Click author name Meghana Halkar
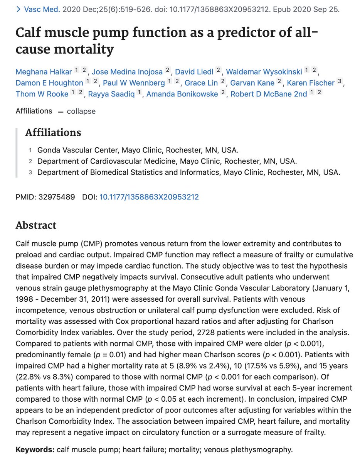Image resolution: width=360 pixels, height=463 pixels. point(43,71)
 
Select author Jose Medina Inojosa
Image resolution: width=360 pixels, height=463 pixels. point(127,71)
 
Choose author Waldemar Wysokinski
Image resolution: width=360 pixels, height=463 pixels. point(264,71)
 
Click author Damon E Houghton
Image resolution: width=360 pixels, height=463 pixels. point(49,83)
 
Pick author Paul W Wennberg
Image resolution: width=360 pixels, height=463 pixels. point(133,83)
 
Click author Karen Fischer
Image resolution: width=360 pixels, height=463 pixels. point(311,83)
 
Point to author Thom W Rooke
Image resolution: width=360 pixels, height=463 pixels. point(42,94)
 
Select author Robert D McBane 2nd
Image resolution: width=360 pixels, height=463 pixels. point(269,94)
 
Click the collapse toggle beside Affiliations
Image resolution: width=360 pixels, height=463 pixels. point(81,112)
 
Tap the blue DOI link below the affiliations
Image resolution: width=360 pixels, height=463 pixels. point(149,197)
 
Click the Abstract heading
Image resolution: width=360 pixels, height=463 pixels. point(36,225)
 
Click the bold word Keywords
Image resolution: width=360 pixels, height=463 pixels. point(35,450)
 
